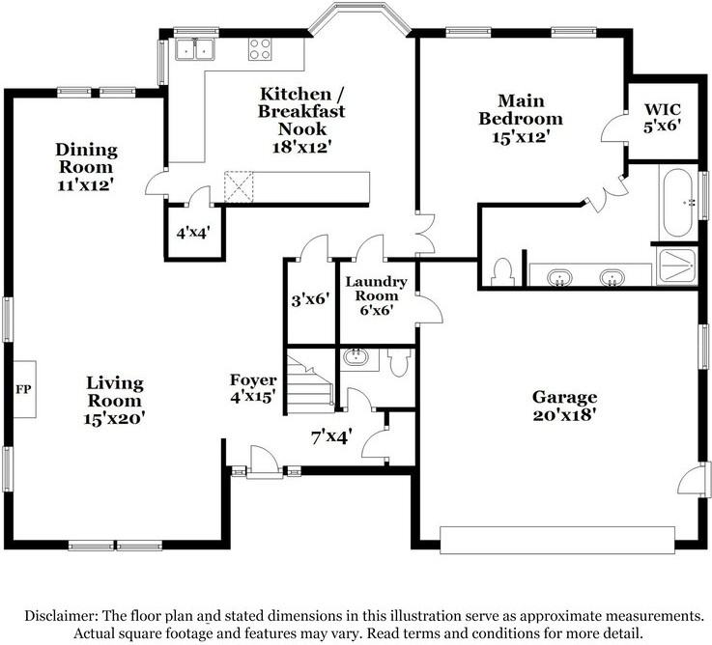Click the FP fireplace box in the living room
23,389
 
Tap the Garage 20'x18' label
564,407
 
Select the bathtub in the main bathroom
676,203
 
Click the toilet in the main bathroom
500,273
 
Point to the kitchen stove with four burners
260,48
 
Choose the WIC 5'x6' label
663,116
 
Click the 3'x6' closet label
311,299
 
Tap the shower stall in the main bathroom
676,265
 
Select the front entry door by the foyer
262,463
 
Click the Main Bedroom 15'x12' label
522,119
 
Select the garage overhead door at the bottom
557,539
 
